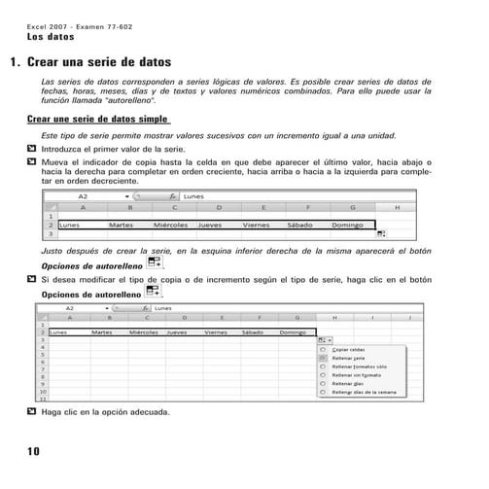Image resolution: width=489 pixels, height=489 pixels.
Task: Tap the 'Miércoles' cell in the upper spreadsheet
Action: [171, 225]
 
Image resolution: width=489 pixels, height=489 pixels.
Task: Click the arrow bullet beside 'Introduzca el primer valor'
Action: [33, 151]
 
